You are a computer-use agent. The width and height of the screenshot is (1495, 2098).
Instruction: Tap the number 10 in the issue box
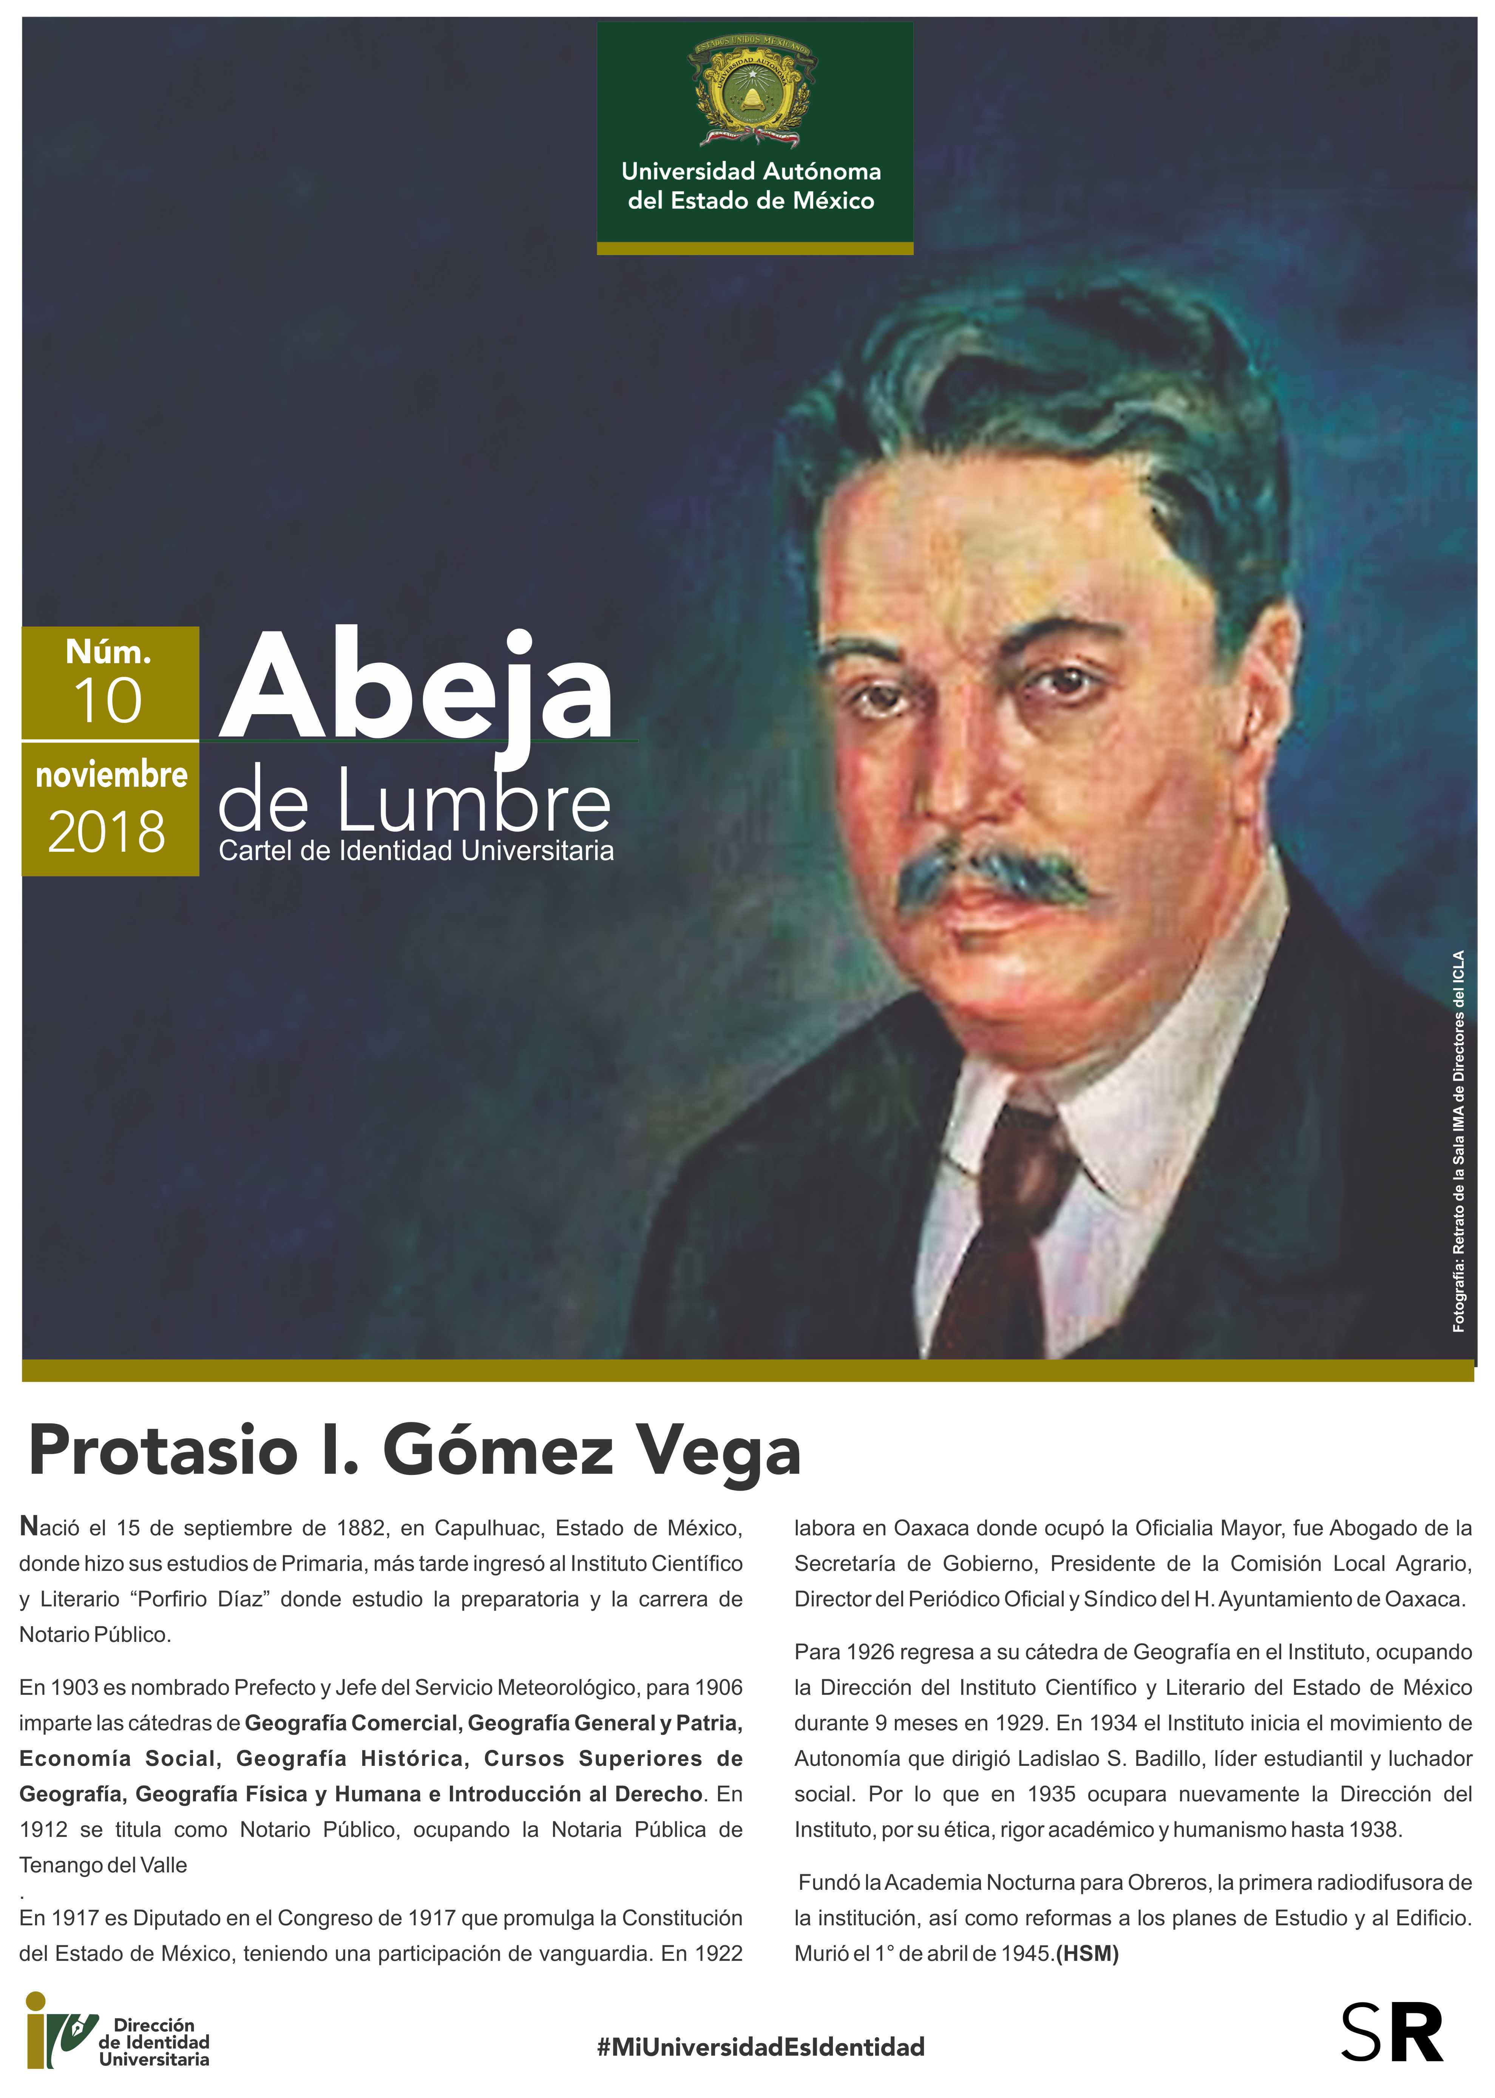tap(108, 701)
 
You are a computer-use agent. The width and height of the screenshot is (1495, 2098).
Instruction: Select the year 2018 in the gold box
tap(107, 832)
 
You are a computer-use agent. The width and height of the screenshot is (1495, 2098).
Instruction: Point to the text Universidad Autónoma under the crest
tap(751, 171)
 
